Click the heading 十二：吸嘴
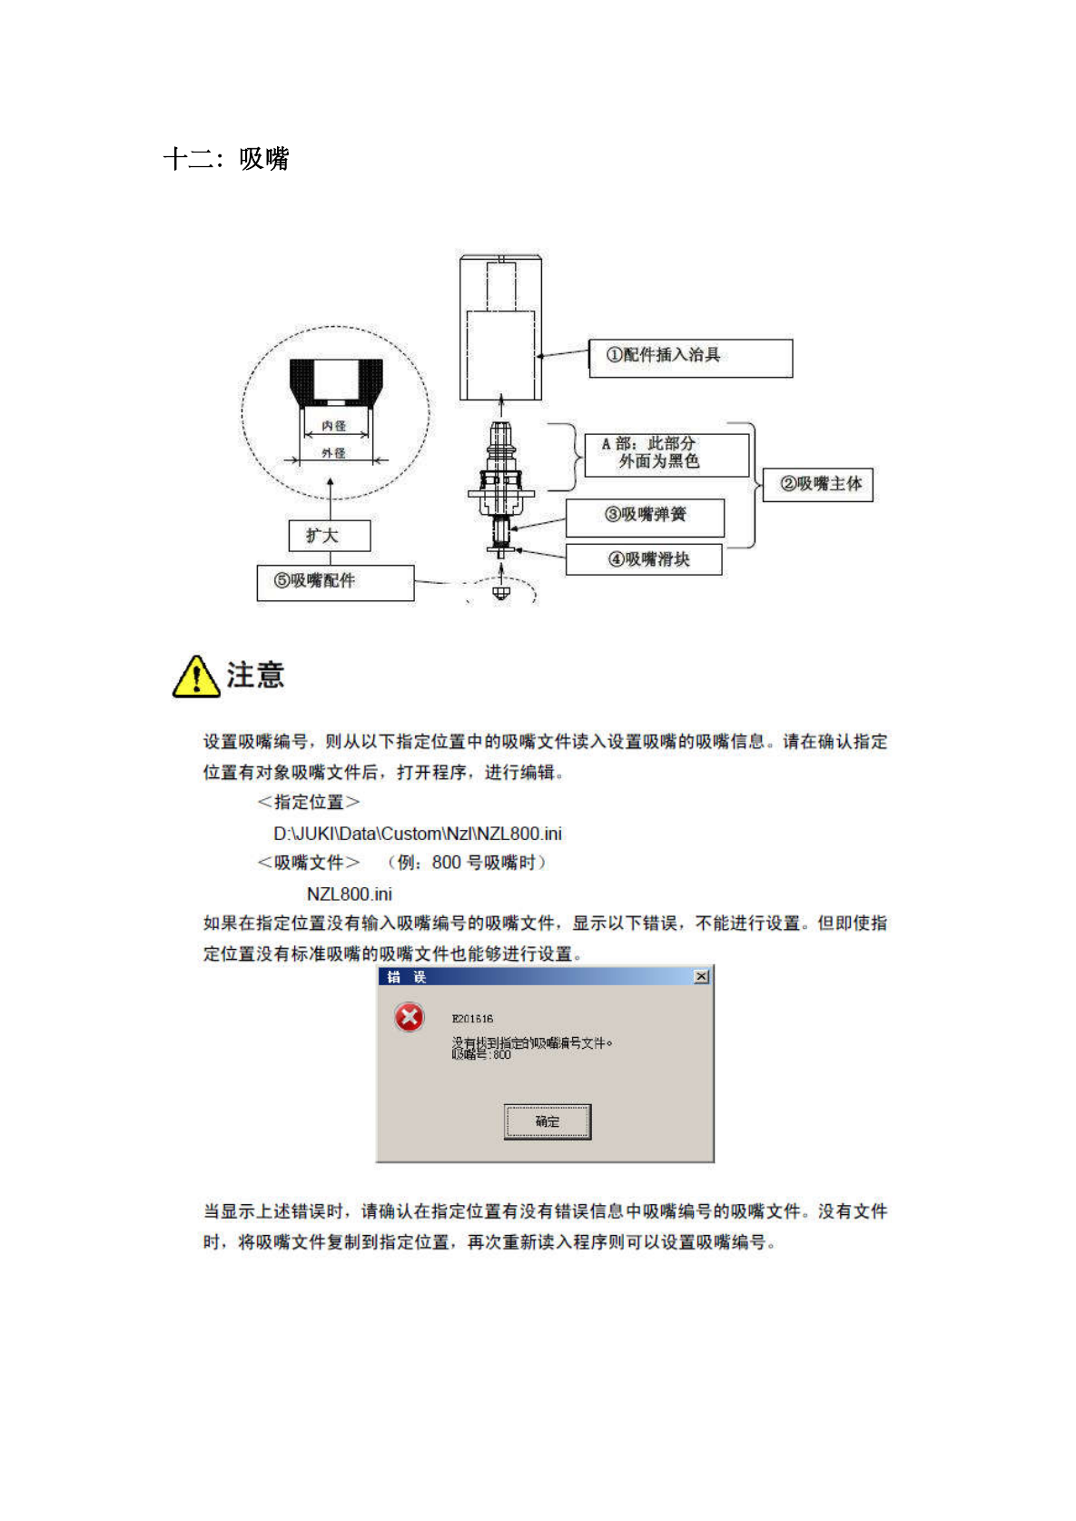226,159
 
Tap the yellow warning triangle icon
195,677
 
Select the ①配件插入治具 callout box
690,358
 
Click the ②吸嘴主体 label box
818,484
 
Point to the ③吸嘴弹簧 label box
645,516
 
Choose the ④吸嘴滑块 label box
644,559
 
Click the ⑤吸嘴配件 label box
335,582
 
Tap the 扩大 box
330,536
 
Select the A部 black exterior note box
666,453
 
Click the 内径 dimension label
334,426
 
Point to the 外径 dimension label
334,453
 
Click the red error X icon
410,1017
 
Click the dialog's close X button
702,976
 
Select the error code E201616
472,1019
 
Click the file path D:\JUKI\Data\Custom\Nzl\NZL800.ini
418,834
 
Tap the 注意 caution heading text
255,676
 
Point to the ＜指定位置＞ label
309,802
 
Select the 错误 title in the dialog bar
406,977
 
